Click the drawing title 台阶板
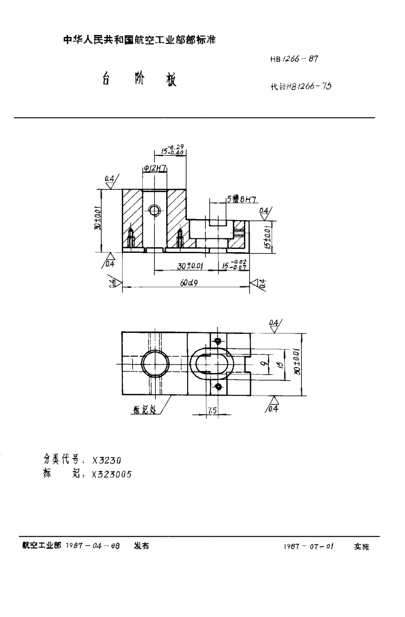pyautogui.click(x=139, y=80)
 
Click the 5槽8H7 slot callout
pyautogui.click(x=241, y=199)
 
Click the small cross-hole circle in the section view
pyautogui.click(x=154, y=210)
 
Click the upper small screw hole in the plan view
pyautogui.click(x=217, y=341)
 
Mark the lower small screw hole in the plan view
pyautogui.click(x=217, y=386)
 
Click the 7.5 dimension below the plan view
pyautogui.click(x=211, y=411)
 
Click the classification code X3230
pyautogui.click(x=107, y=460)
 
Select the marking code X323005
pyautogui.click(x=112, y=473)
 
